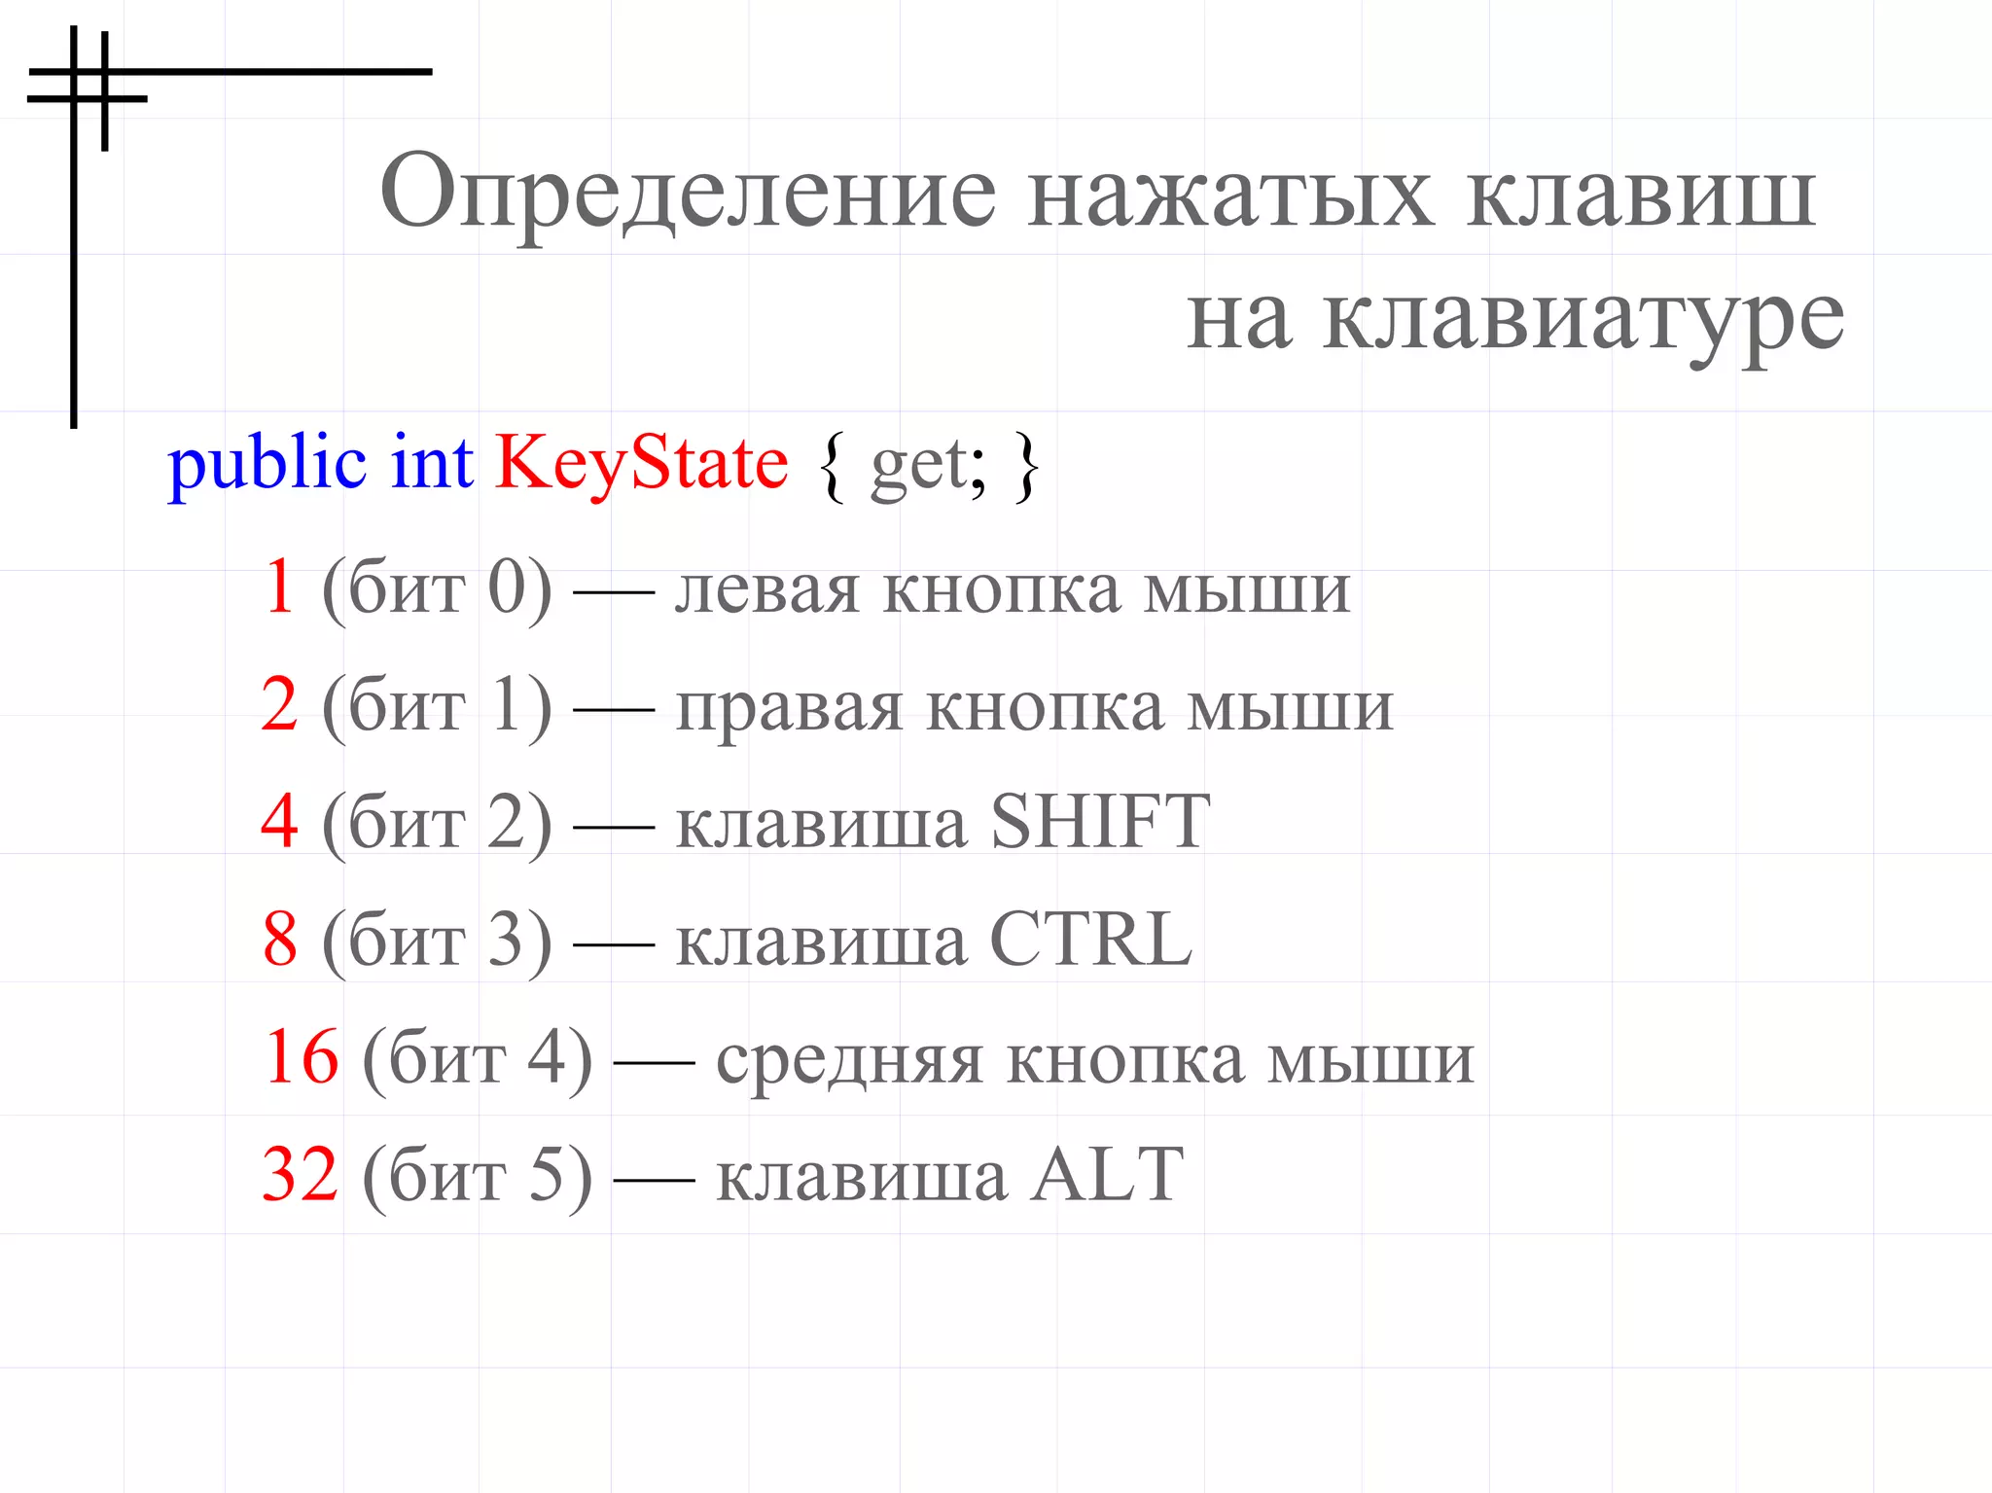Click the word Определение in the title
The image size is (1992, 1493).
point(688,193)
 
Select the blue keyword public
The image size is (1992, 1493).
point(267,464)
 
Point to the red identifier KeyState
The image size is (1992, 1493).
point(642,464)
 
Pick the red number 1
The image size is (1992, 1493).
point(280,587)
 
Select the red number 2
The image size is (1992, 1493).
point(279,704)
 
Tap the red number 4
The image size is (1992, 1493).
point(279,821)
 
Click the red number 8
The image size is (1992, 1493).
point(280,940)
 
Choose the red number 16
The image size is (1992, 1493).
point(301,1057)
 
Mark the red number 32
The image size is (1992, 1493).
point(301,1175)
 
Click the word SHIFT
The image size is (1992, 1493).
point(1099,822)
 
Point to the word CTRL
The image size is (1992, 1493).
point(1090,940)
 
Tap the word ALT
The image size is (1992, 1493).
point(1107,1175)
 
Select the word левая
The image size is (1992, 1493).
point(767,589)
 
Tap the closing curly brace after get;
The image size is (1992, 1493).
point(1026,466)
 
